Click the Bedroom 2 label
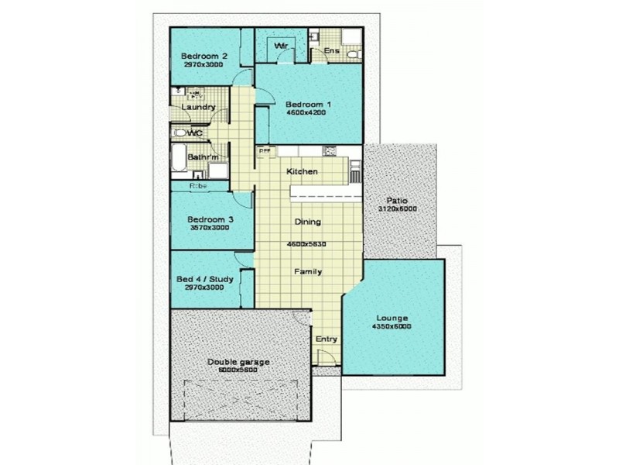pos(203,56)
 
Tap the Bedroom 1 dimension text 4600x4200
pos(306,112)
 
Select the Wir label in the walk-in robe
pos(279,46)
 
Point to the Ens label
pos(332,51)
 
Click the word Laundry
pos(198,107)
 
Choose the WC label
pos(194,133)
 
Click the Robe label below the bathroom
pos(198,186)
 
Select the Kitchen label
pos(302,171)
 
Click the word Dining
pos(307,222)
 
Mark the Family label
pos(307,272)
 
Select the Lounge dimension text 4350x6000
pos(393,326)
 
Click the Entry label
pos(325,339)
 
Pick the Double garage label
pos(238,362)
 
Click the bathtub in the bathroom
pos(179,159)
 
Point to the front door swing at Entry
pos(327,358)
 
